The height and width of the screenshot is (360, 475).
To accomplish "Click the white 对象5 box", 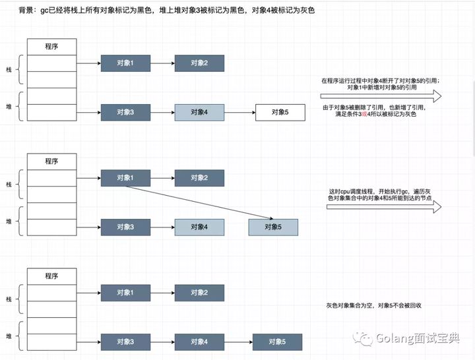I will coord(280,113).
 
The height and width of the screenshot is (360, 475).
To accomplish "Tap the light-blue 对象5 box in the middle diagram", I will coord(273,227).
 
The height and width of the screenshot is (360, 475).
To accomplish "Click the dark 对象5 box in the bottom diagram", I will coord(277,342).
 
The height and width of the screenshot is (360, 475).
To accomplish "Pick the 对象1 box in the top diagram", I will coord(125,63).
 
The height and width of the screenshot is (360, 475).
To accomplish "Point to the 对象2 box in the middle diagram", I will coord(199,178).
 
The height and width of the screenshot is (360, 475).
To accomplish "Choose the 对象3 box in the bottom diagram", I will coord(125,342).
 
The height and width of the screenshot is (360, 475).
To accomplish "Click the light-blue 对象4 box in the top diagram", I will coord(199,113).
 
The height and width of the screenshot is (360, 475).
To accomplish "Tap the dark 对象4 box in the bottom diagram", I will coord(199,342).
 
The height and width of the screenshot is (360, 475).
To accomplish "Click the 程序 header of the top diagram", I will coord(52,47).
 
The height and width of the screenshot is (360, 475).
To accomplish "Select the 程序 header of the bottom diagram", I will coord(52,276).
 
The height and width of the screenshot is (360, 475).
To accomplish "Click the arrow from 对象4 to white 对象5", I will coord(239,113).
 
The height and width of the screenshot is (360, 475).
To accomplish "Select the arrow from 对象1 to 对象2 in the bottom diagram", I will coord(162,292).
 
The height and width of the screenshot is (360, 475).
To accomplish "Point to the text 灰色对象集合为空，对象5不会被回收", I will coord(374,306).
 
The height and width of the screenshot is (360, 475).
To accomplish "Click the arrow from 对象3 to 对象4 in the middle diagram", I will coord(162,227).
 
